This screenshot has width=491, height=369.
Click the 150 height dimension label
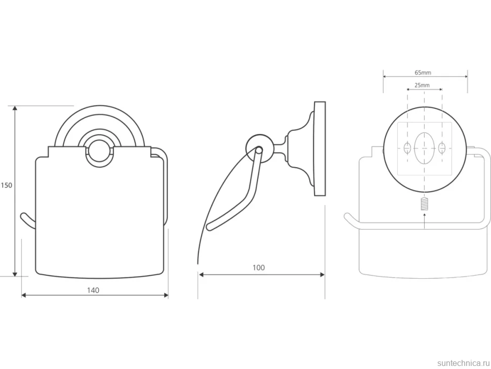coord(6,186)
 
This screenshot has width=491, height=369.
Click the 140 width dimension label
coord(93,290)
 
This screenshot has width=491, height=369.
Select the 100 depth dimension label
coord(259,268)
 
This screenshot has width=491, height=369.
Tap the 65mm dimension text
coord(423,72)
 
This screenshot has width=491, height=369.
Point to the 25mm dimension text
coord(422,85)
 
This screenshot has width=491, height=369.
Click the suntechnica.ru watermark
coord(463,363)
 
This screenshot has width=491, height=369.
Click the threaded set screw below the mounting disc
coord(424,204)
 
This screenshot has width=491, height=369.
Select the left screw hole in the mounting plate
coord(407,147)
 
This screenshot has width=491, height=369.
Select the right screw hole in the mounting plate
coord(441,147)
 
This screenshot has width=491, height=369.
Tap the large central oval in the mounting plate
coord(424,148)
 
